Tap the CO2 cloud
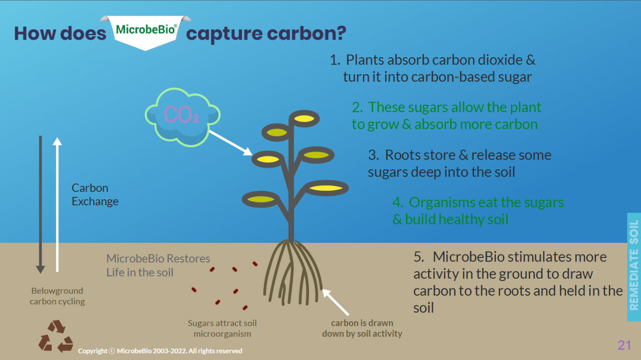click(182, 117)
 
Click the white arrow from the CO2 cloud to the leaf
click(231, 143)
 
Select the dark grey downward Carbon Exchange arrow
click(40, 204)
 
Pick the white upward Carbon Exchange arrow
click(57, 204)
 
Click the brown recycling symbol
click(56, 336)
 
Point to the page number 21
click(624, 345)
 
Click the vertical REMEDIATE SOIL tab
click(634, 267)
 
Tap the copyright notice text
click(160, 351)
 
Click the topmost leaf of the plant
click(304, 118)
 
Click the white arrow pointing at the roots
click(336, 302)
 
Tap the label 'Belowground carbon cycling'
click(57, 296)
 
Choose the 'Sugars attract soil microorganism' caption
click(222, 328)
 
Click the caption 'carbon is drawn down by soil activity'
click(362, 328)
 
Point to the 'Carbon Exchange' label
click(95, 195)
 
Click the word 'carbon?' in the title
click(306, 34)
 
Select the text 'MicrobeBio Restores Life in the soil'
click(158, 265)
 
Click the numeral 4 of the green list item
click(398, 202)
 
